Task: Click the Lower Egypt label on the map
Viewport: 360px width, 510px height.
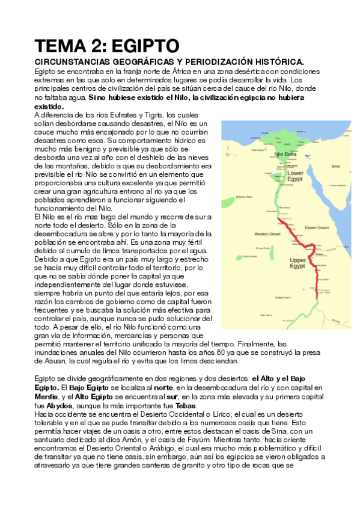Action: pos(296,176)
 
